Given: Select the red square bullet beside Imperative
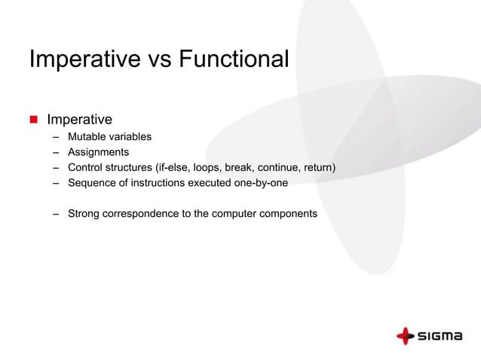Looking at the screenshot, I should pos(33,120).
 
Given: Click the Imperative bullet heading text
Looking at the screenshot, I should pos(79,120).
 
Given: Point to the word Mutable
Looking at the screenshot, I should pos(87,137).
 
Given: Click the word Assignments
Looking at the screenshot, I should pos(99,152).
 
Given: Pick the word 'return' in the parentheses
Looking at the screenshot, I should pos(315,167).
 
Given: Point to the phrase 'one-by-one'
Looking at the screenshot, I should pos(263,182).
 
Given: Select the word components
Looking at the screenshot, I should pos(289,213).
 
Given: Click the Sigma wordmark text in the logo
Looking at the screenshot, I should pos(440,336).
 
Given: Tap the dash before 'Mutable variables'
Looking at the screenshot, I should pos(57,137).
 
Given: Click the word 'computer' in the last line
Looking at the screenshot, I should pos(234,213).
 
